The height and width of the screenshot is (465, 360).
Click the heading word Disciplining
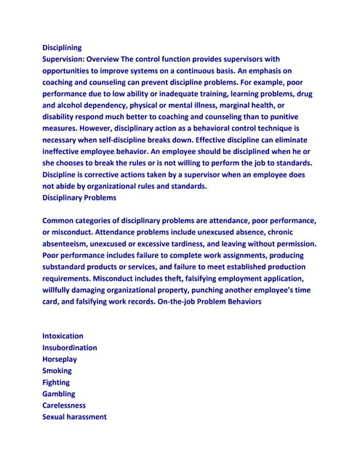(x=62, y=47)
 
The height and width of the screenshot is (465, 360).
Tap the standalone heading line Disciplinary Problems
(x=79, y=198)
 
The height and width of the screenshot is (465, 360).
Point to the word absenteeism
(x=69, y=243)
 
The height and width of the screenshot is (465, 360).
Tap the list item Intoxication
(x=63, y=336)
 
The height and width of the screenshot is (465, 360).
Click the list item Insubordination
(x=70, y=348)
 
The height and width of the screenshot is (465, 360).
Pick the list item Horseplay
(x=60, y=360)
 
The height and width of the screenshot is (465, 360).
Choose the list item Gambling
(x=59, y=394)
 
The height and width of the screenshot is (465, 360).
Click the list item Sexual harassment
(x=74, y=417)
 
